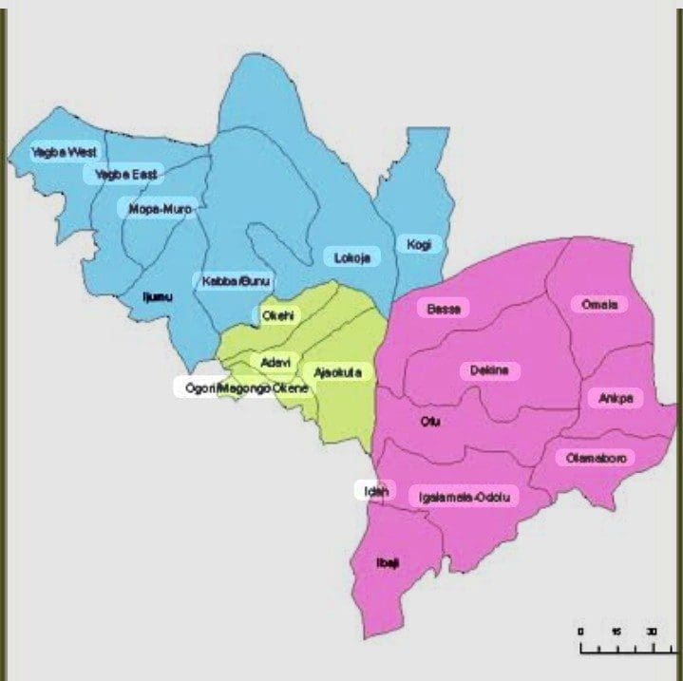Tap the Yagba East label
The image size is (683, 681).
point(124,174)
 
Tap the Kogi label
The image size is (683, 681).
point(419,244)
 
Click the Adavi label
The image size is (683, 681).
point(274,362)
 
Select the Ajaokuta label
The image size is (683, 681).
point(337,373)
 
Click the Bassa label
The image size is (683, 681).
point(443,309)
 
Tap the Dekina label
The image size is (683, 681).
point(489,370)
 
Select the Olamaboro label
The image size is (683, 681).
point(596,458)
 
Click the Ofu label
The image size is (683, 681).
point(429,423)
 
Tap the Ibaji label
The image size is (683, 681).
point(389,562)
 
